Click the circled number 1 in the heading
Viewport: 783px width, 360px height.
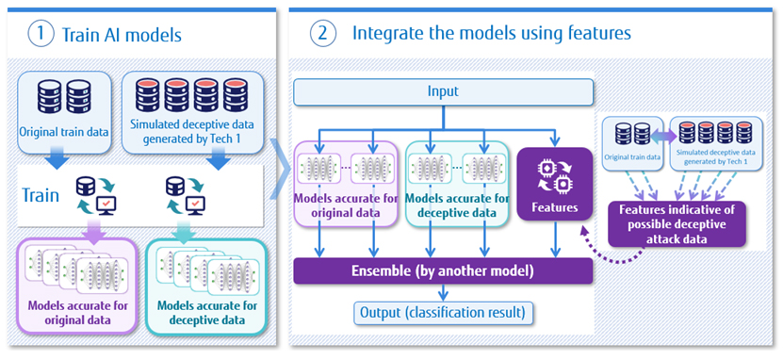click(x=40, y=36)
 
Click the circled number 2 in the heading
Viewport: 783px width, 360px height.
click(x=322, y=33)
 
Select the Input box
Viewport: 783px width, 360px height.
click(x=443, y=92)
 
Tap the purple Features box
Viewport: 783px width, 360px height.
click(x=554, y=184)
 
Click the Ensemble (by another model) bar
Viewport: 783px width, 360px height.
click(x=443, y=271)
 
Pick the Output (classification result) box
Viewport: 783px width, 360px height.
click(x=443, y=313)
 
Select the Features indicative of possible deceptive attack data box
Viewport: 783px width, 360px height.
click(x=677, y=224)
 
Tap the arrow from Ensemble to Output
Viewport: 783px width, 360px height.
click(x=443, y=292)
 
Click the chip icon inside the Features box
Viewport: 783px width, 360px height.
click(x=554, y=175)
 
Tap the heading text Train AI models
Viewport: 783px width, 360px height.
click(x=122, y=36)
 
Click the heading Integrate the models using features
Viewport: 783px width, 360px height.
click(x=491, y=33)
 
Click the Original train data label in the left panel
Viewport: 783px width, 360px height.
click(x=63, y=133)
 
